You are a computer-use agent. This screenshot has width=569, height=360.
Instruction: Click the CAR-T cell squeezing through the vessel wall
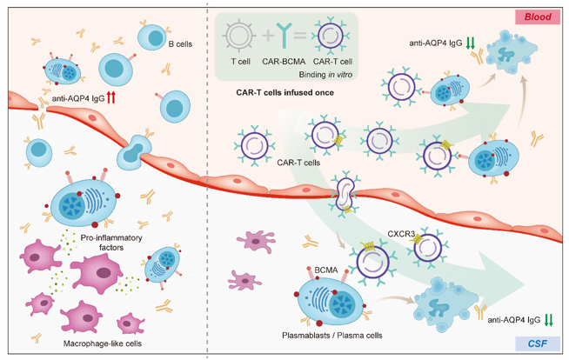click(x=346, y=194)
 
